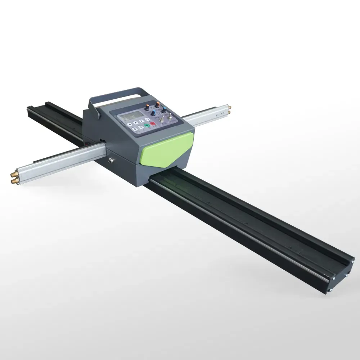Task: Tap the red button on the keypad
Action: pos(153,123)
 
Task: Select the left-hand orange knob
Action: pos(147,107)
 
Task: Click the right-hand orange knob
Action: pos(158,104)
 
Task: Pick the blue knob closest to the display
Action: pos(153,113)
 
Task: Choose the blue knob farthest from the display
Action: pos(164,110)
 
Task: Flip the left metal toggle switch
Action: pos(161,119)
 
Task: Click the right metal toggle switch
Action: pos(170,117)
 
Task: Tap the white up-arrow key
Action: pos(136,123)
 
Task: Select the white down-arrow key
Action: pos(141,127)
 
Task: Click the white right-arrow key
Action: pos(141,121)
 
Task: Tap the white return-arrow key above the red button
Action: pos(147,119)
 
